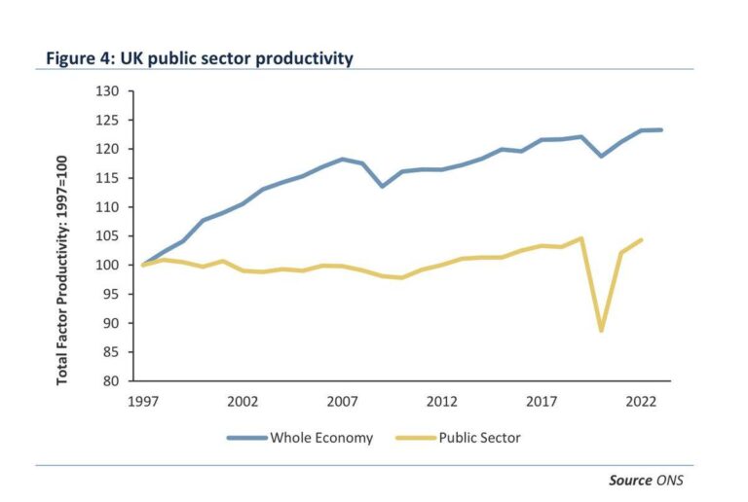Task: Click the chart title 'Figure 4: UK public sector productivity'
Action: click(x=200, y=58)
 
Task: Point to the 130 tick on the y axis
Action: click(x=109, y=91)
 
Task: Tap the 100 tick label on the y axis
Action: click(x=109, y=266)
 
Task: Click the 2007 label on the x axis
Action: click(x=341, y=401)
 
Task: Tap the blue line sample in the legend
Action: click(x=247, y=438)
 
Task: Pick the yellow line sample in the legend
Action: click(x=414, y=438)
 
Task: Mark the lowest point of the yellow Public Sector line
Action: click(x=602, y=331)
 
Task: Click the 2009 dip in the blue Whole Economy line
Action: click(x=383, y=186)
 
